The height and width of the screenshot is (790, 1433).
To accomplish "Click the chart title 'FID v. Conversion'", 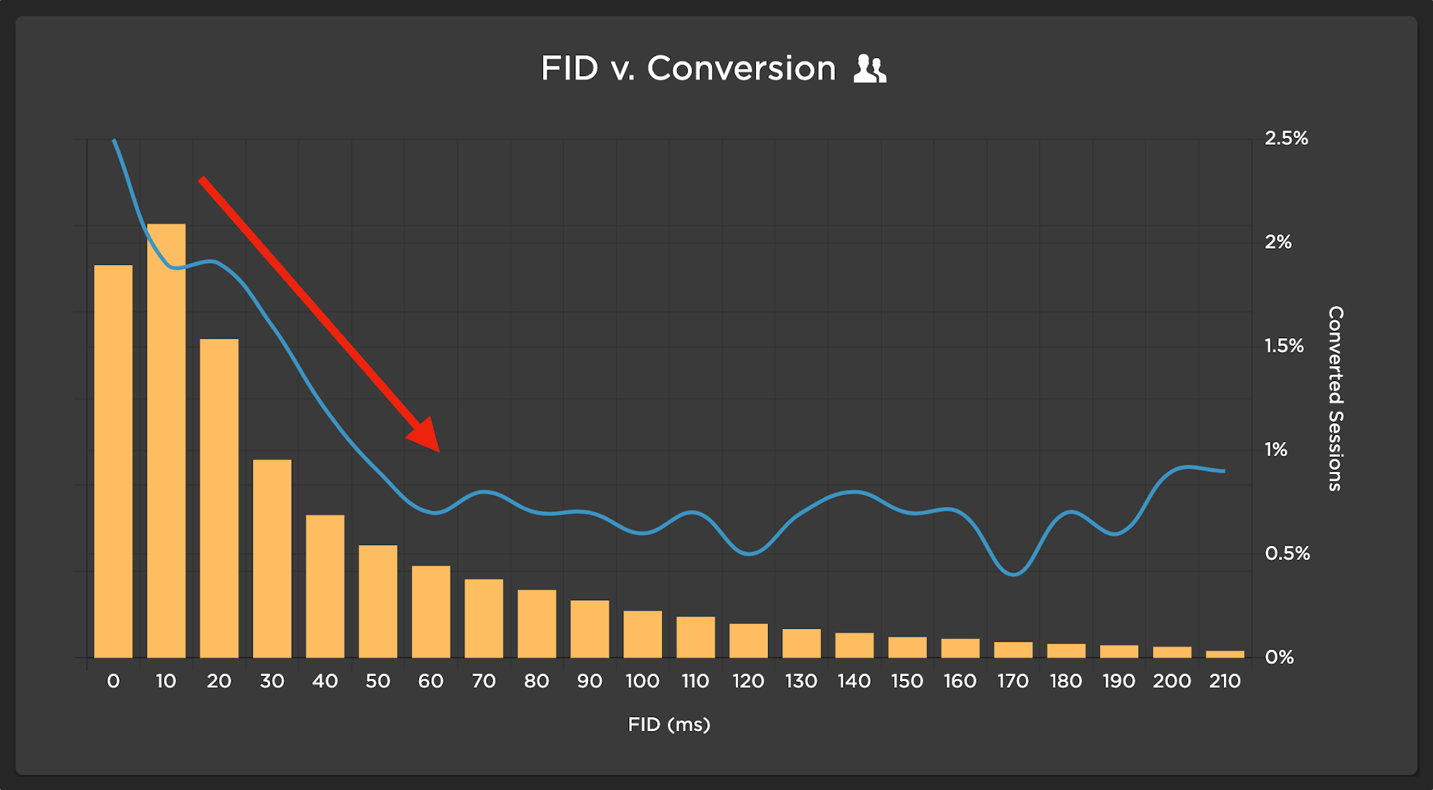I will (x=688, y=69).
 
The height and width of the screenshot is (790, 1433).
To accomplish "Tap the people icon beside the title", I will (x=870, y=69).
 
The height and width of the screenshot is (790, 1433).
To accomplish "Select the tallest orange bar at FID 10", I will (x=166, y=440).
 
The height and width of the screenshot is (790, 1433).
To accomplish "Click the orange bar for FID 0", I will (x=113, y=461).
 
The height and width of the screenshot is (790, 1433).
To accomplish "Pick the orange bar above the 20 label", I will (x=219, y=498).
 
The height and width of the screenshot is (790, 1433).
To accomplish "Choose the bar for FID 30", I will (x=272, y=559).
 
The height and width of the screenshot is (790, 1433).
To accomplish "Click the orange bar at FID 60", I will (x=431, y=612).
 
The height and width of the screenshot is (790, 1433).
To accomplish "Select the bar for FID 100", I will (x=643, y=634).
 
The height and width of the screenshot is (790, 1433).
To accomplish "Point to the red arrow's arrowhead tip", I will (x=438, y=451).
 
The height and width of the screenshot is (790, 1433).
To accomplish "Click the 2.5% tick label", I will (x=1286, y=138).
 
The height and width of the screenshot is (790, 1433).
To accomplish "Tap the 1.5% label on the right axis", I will (x=1284, y=346).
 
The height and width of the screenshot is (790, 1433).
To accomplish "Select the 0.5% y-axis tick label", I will (x=1287, y=554).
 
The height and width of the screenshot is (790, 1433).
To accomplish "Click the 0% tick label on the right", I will (x=1279, y=657).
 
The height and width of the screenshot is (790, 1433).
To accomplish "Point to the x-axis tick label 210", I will (x=1224, y=681).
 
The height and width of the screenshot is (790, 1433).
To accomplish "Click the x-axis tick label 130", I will (x=801, y=681).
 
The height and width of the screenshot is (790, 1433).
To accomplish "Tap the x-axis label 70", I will (x=484, y=681).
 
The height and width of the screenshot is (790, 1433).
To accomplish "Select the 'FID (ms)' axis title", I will (x=668, y=725).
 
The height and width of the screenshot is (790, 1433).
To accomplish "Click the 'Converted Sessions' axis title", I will (x=1335, y=398).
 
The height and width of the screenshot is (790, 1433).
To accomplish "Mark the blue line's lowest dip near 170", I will (x=1013, y=574).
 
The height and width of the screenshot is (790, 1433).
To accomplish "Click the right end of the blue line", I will (x=1224, y=471).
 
